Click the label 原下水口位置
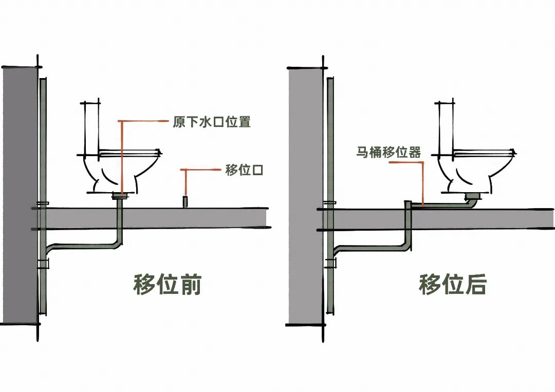pos(211,122)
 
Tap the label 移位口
pos(244,170)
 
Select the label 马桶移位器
pos(388,153)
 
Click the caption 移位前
pos(168,285)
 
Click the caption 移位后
pos(452,285)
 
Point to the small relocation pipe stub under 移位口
pos(185,201)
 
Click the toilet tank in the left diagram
pos(91,128)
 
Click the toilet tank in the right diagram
pos(445,128)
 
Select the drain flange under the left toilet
pos(121,195)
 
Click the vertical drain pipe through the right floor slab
pos(409,226)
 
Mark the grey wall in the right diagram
pos(305,195)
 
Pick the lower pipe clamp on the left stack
pos(43,264)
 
